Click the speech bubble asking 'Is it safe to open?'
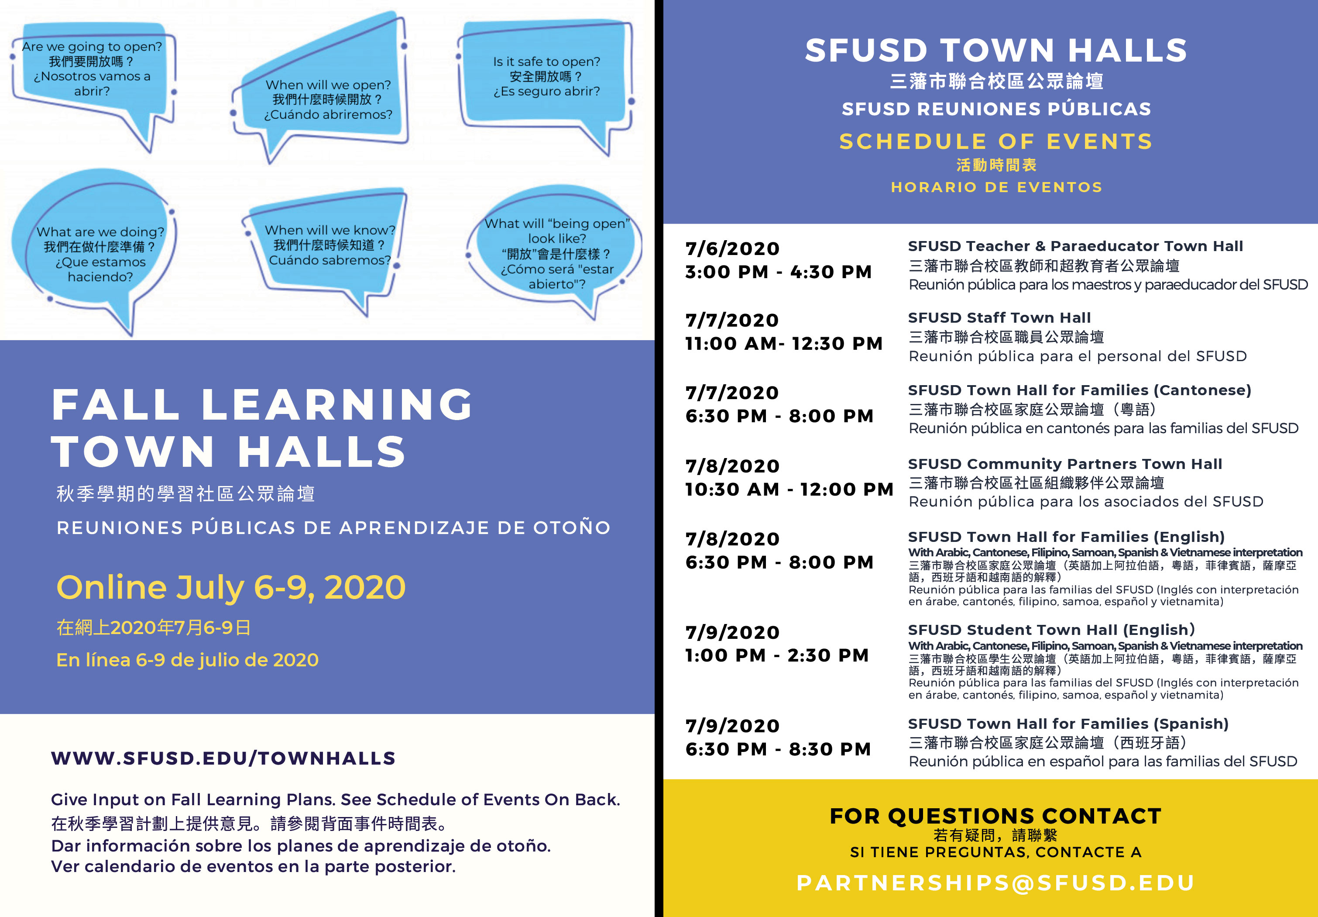[546, 76]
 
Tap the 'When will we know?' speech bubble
[329, 245]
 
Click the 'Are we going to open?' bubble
[92, 68]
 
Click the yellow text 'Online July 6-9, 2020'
[231, 587]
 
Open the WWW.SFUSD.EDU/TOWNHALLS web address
[223, 758]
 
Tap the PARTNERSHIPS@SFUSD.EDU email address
[995, 883]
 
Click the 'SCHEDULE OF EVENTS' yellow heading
[996, 141]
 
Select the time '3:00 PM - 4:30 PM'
[779, 272]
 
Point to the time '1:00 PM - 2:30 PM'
[777, 655]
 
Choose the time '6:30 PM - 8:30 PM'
[778, 749]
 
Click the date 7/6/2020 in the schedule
[732, 248]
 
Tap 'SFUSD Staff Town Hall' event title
[999, 317]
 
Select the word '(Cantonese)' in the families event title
[1204, 390]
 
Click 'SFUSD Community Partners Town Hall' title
[1065, 463]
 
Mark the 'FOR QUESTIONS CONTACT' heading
[995, 816]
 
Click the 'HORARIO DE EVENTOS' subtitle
[996, 187]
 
